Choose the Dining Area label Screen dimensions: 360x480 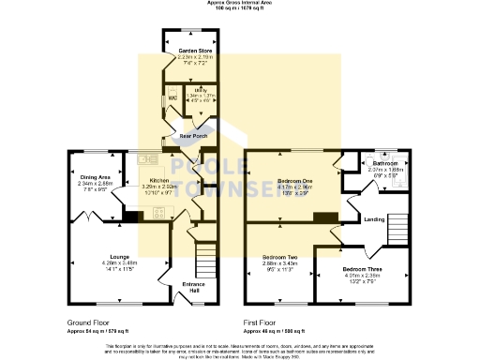point(95,177)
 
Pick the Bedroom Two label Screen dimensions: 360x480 point(279,257)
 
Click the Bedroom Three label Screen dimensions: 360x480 point(362,269)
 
